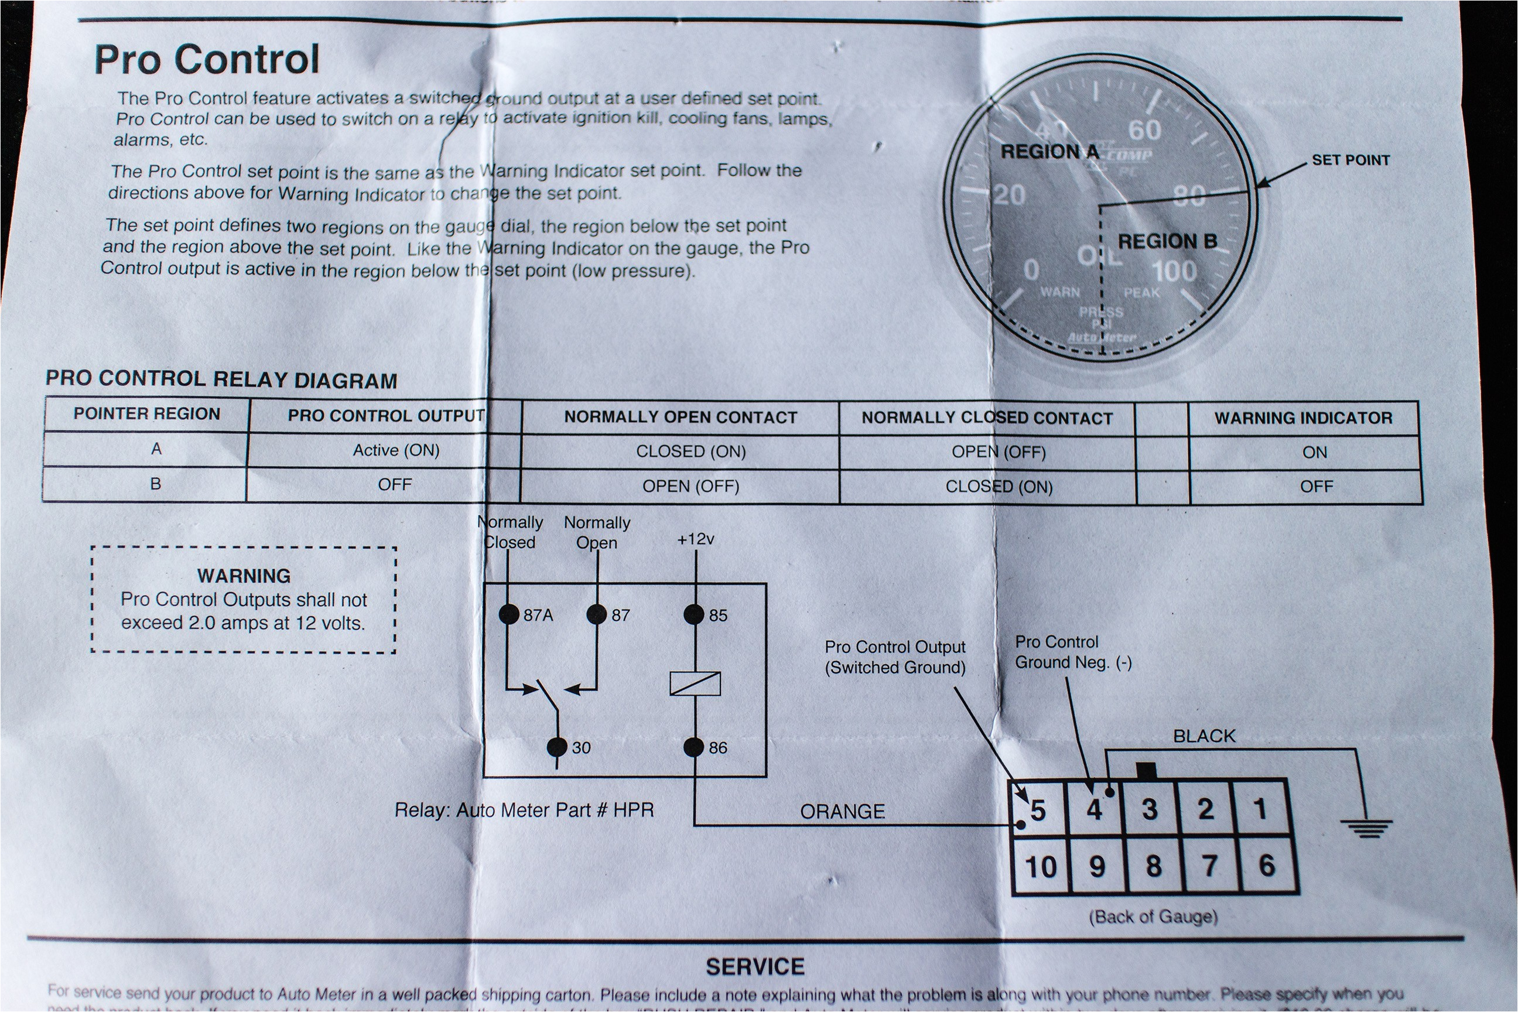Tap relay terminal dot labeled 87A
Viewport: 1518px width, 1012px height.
tap(510, 614)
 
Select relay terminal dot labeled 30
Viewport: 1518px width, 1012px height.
tap(556, 747)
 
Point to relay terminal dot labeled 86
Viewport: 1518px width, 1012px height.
tap(694, 747)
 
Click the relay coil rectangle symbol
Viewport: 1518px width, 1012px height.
tap(695, 683)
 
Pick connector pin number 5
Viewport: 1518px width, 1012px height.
tap(1037, 810)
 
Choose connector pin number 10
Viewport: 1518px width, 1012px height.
tap(1040, 866)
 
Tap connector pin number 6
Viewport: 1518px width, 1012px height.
tap(1267, 865)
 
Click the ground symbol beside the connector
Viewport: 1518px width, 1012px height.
tap(1366, 828)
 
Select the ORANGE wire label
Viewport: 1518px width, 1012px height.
tap(842, 811)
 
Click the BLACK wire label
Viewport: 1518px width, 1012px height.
tap(1204, 736)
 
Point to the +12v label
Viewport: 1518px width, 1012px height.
tap(695, 539)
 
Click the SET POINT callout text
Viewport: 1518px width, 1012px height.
tap(1350, 160)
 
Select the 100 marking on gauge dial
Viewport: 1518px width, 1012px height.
tap(1175, 271)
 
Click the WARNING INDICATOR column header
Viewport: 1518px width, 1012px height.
tap(1303, 418)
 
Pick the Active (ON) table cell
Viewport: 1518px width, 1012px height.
tap(396, 450)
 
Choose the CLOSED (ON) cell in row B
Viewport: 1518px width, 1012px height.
tap(999, 487)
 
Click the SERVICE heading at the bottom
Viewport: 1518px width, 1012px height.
tap(755, 966)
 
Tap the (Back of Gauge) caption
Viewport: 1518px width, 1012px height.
tap(1153, 917)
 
